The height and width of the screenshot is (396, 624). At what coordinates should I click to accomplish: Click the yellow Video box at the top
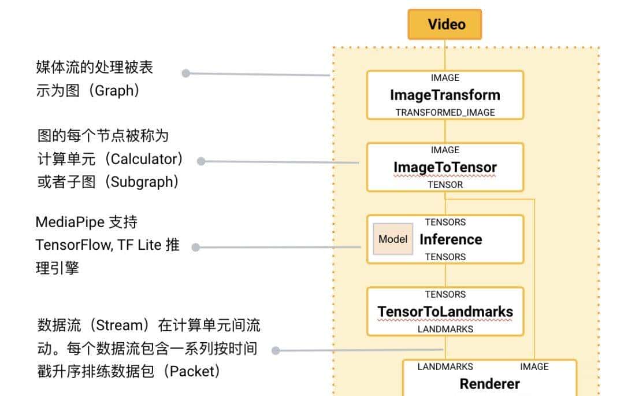[445, 25]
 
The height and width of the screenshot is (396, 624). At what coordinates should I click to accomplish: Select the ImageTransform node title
[445, 95]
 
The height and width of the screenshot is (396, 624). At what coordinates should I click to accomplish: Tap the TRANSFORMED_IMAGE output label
[445, 112]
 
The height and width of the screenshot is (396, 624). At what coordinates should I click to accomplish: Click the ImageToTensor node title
[445, 167]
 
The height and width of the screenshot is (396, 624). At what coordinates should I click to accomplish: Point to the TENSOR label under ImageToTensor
[445, 184]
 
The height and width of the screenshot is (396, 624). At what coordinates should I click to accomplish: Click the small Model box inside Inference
[393, 239]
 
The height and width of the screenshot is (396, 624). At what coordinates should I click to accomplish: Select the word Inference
[451, 239]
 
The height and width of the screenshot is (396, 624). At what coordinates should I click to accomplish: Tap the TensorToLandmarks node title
[445, 312]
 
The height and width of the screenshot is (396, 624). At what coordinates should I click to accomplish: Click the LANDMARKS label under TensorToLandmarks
[445, 329]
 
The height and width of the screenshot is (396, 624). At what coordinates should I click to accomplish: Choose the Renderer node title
[489, 383]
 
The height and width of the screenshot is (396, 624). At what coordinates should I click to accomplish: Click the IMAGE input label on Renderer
[534, 367]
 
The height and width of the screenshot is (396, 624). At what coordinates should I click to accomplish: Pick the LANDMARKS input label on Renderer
[445, 367]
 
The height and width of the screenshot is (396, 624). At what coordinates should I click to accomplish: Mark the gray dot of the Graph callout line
[185, 73]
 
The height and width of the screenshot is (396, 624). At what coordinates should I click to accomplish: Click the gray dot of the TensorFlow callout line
[195, 247]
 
